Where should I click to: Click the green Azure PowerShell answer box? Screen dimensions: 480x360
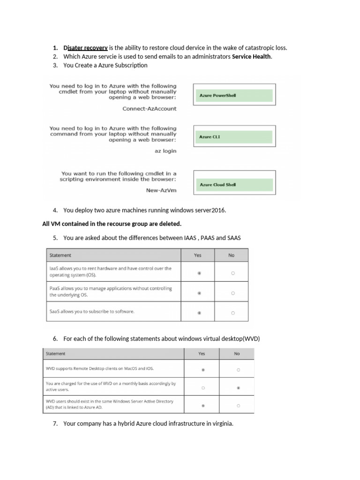click(232, 96)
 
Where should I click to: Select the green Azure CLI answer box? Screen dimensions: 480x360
click(232, 137)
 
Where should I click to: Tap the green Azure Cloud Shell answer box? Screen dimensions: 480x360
click(232, 185)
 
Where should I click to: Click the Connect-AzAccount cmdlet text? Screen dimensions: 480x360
click(150, 109)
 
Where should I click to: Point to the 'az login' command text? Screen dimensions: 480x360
click(165, 151)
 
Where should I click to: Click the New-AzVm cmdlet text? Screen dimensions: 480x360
click(161, 190)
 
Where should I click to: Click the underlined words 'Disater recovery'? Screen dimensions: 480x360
click(86, 48)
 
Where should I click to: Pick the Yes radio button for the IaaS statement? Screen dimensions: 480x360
click(199, 273)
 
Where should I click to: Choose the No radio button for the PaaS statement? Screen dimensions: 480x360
click(233, 293)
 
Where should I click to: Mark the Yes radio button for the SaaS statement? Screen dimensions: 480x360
click(199, 313)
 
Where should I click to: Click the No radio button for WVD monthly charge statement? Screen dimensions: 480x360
click(238, 388)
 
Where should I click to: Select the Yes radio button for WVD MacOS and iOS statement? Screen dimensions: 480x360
click(202, 370)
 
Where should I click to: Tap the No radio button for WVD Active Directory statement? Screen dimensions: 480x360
click(238, 405)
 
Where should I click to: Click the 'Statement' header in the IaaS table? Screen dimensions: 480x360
click(60, 255)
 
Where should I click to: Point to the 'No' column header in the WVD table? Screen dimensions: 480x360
click(237, 354)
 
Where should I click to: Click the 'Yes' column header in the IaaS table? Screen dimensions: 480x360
click(198, 255)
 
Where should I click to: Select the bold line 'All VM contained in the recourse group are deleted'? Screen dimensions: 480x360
click(112, 224)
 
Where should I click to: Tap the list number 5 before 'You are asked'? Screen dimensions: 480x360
click(55, 238)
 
